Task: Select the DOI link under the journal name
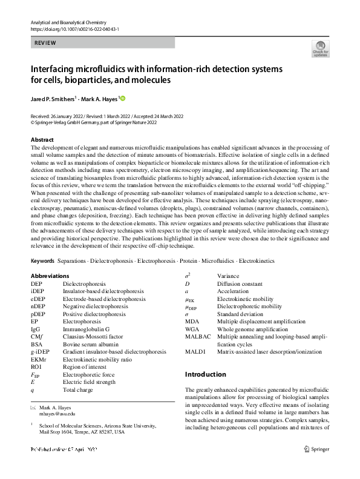[74, 29]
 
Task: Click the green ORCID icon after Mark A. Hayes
[124, 97]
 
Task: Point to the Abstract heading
[42, 139]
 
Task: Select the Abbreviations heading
[50, 276]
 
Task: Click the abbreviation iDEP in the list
[37, 291]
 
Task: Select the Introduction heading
[205, 374]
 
